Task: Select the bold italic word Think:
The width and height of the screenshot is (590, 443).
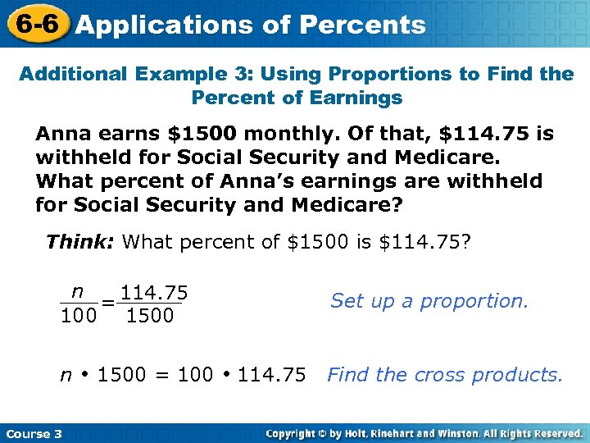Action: click(81, 242)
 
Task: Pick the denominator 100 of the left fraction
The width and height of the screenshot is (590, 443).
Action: click(78, 316)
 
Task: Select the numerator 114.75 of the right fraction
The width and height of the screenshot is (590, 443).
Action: click(154, 293)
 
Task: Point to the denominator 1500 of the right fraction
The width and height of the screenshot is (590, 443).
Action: click(150, 316)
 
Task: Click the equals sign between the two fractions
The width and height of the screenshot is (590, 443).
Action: click(107, 304)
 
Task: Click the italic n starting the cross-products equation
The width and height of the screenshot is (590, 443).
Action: click(66, 376)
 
